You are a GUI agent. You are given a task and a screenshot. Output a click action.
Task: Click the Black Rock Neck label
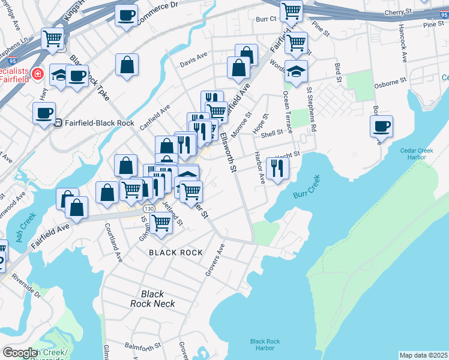[x=152, y=299]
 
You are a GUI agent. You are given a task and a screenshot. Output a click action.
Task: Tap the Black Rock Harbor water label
[x=265, y=344]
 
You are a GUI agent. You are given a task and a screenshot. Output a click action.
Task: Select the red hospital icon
[x=37, y=74]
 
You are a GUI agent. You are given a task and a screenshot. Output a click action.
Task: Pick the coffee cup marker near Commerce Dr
[x=126, y=16]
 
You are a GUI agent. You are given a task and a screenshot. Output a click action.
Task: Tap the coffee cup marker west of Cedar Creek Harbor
[x=381, y=126]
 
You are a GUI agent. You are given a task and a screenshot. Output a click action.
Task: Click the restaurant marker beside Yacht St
[x=277, y=167]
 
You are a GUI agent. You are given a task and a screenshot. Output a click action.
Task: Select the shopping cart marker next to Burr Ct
[x=291, y=10]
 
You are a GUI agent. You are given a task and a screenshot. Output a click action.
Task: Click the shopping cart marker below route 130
[x=161, y=222]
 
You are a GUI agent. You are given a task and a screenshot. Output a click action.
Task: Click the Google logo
[x=20, y=353]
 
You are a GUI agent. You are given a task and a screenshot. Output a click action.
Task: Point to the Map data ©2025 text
[x=423, y=355]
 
